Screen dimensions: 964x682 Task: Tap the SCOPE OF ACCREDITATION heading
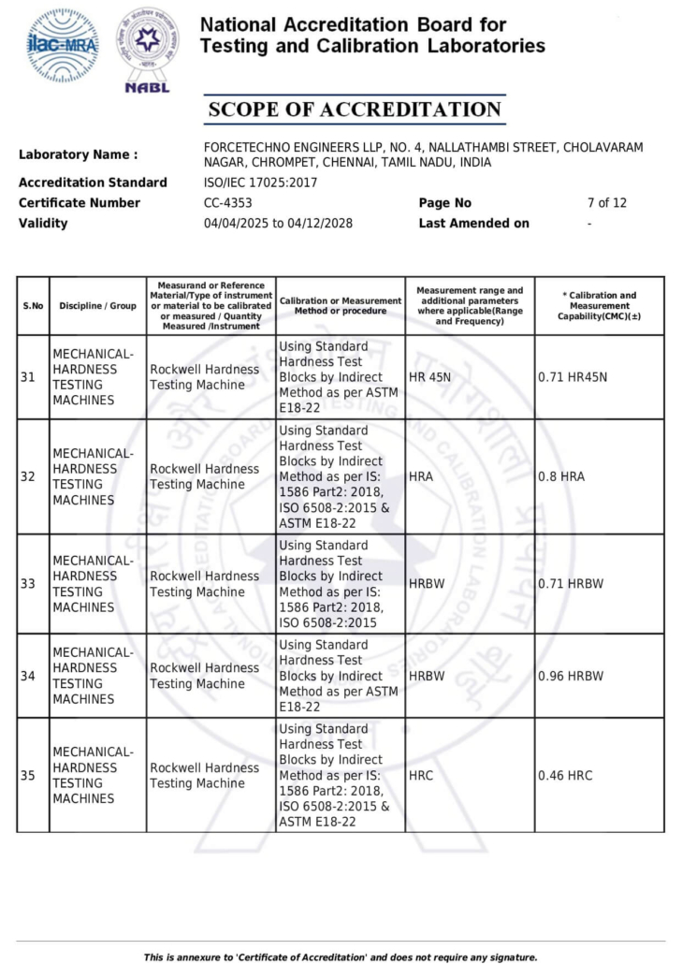[355, 110]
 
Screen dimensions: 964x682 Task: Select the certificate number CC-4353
[227, 203]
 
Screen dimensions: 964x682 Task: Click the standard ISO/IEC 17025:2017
[260, 183]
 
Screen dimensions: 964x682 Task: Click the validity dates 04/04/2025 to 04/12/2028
[278, 224]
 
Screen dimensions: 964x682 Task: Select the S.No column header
[33, 306]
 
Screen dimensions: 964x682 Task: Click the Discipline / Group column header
[97, 306]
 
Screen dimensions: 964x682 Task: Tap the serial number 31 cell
[28, 377]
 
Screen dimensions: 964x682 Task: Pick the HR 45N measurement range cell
[429, 377]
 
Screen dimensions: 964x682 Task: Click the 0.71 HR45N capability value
[573, 377]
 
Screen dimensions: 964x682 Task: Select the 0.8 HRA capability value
[561, 476]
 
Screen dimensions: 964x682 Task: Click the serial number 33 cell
[28, 584]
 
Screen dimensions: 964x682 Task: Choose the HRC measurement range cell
[421, 776]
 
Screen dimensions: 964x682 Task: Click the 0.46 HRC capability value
[565, 776]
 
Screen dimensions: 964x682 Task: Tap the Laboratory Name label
[78, 154]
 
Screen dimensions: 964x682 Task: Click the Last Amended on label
[473, 224]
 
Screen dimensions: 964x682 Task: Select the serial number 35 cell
[28, 776]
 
